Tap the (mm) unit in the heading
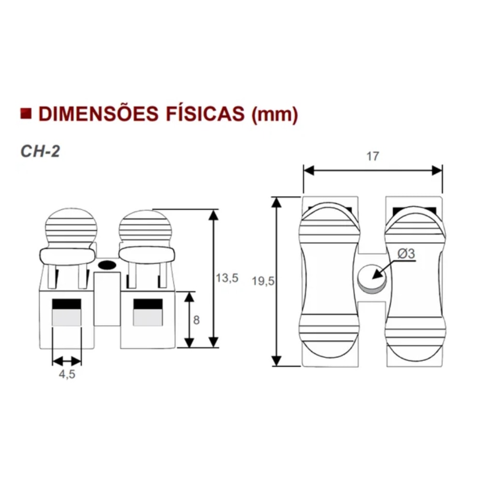(x=274, y=114)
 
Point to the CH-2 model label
(x=40, y=151)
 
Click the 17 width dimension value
(x=373, y=156)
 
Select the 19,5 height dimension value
(x=263, y=282)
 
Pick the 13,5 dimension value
(x=227, y=278)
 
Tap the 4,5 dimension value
(x=67, y=374)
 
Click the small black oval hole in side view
(x=106, y=264)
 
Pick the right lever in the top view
(x=414, y=280)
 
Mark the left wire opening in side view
(x=67, y=313)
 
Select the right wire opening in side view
(x=148, y=313)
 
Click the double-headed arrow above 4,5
(x=67, y=361)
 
